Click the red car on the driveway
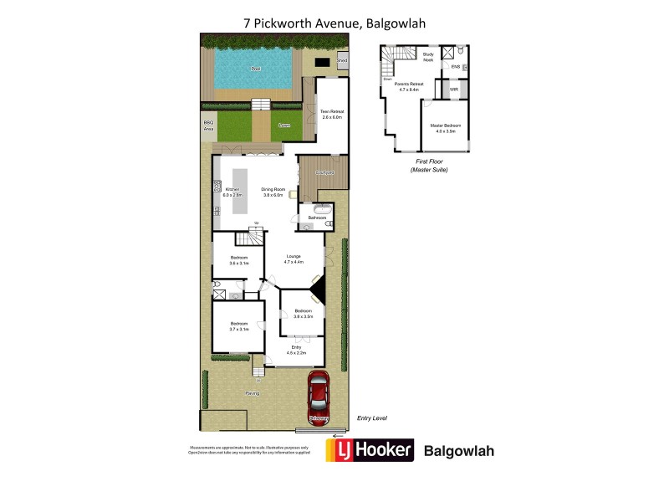tap(319, 394)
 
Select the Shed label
tap(341, 61)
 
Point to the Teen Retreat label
tap(332, 111)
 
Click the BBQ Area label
tap(208, 125)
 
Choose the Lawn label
tap(284, 125)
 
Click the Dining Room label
tap(274, 190)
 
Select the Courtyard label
tap(324, 172)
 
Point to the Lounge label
tap(293, 256)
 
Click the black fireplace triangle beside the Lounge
tap(317, 293)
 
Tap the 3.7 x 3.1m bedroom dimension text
tap(240, 329)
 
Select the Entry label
tap(296, 346)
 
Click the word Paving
tap(252, 392)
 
